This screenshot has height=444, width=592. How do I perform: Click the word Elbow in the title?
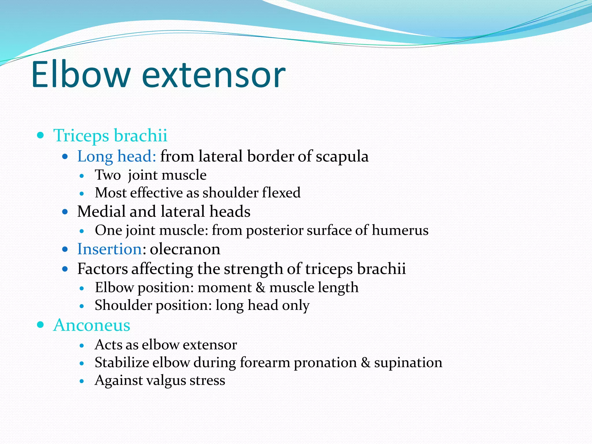pos(80,75)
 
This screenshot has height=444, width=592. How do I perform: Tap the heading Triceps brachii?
pos(110,135)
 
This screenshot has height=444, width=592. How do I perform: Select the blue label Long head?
pos(116,156)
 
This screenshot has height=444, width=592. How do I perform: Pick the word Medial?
pos(101,211)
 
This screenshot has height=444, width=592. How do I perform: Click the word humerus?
pos(400,230)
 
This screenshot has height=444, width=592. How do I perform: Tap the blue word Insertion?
pos(109,249)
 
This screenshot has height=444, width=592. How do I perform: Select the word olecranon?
pos(185,249)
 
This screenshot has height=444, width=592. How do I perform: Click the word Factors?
pos(102,269)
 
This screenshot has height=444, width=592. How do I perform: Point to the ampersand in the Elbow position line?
pos(260,288)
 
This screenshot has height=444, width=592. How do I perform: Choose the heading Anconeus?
pos(92,325)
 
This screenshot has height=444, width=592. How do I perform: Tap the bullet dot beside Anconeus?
pos(40,325)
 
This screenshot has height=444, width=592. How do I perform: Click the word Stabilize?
pos(121,362)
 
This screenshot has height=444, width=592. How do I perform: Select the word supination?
pos(408,362)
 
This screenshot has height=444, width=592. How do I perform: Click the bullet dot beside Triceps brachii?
pos(40,135)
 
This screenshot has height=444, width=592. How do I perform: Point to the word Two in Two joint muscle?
pos(108,175)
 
